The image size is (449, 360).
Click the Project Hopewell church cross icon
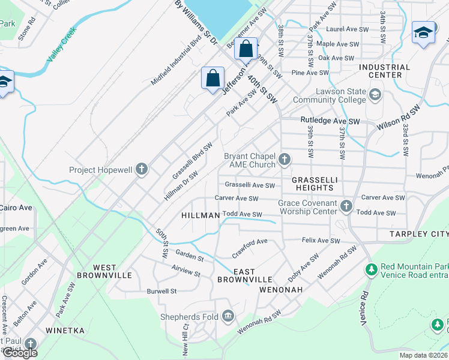coord(142,169)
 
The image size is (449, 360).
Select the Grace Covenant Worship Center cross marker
coord(346,206)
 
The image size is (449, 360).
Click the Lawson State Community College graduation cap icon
coord(375,95)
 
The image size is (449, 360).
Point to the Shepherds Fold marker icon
coord(228,316)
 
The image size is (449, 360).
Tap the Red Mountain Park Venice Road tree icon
coord(372,269)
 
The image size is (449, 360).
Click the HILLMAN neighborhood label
coord(199,215)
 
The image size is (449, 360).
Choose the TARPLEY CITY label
coord(418,233)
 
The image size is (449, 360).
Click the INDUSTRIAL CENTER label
coord(384,71)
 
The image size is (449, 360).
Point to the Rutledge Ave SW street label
coord(330,121)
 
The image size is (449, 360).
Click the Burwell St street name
coord(161,291)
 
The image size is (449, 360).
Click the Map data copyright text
coord(423,355)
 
